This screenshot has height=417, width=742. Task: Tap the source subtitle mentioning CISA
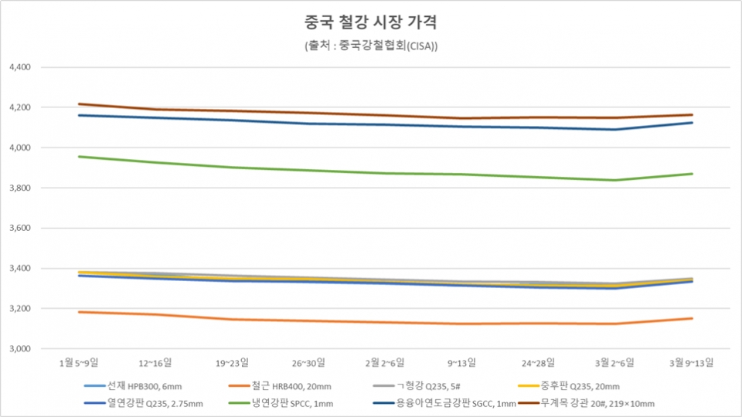click(x=371, y=46)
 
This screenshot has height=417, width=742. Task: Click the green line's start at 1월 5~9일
click(x=79, y=157)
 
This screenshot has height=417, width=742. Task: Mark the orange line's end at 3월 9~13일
click(x=692, y=318)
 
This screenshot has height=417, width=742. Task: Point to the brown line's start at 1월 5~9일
click(x=79, y=103)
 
